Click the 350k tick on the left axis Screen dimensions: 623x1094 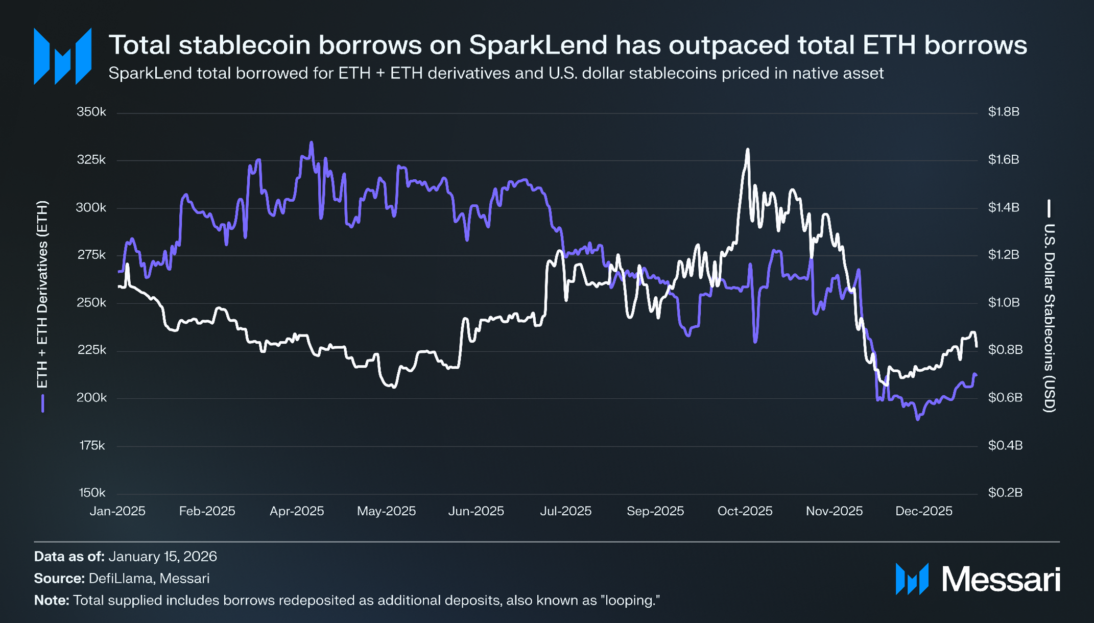[x=91, y=112]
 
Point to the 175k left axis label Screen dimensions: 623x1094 [x=92, y=446]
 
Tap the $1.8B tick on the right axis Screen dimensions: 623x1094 [x=1004, y=112]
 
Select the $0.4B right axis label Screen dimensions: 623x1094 [x=1005, y=446]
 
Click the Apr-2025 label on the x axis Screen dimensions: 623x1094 [x=297, y=511]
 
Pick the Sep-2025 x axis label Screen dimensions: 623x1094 [x=655, y=511]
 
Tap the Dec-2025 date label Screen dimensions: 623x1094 [x=923, y=511]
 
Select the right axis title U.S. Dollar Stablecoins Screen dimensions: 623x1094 [x=1049, y=317]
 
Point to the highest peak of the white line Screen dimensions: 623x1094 [x=748, y=150]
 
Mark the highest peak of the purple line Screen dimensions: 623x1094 [x=312, y=142]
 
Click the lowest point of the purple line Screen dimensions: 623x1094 [x=918, y=419]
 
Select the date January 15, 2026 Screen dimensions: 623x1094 [x=162, y=556]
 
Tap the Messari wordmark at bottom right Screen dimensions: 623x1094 [x=1001, y=580]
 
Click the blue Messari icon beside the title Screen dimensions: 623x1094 [x=62, y=56]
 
